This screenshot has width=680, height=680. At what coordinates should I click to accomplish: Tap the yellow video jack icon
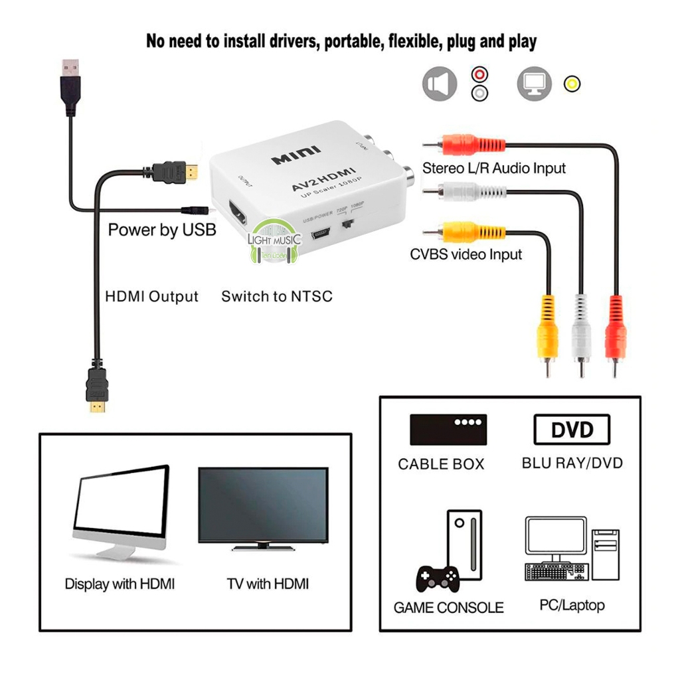point(572,84)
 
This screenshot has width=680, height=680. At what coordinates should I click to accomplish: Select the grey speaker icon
point(440,84)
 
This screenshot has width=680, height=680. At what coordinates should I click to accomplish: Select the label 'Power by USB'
point(162,230)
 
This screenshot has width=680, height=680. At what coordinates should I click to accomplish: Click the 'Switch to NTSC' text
point(277,296)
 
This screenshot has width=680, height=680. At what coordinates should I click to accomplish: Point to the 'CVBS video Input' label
point(466,254)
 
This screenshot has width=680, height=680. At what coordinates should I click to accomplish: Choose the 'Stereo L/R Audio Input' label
point(494,168)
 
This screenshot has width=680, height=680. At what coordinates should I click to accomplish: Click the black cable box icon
point(448,430)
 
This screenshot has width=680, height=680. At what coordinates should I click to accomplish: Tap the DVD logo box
point(572,430)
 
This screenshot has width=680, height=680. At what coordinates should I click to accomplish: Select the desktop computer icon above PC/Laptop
point(571,549)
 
